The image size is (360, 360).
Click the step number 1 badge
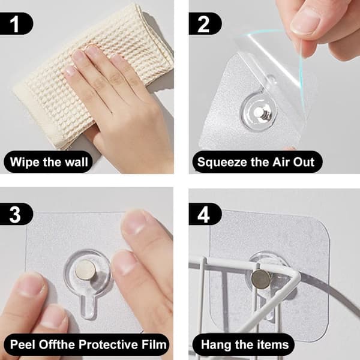coord(16,23)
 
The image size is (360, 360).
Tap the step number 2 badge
coord(205,23)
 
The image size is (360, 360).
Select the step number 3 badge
coord(16,214)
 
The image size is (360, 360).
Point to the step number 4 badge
coord(205,214)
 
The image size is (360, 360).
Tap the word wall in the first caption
coord(76,162)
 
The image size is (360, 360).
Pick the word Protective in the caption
coord(108,344)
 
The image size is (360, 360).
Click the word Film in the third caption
coord(154,344)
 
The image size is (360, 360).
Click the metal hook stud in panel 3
coord(85,270)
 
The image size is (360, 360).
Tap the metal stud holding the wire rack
coord(261,280)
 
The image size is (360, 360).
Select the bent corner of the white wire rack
coord(296,277)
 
